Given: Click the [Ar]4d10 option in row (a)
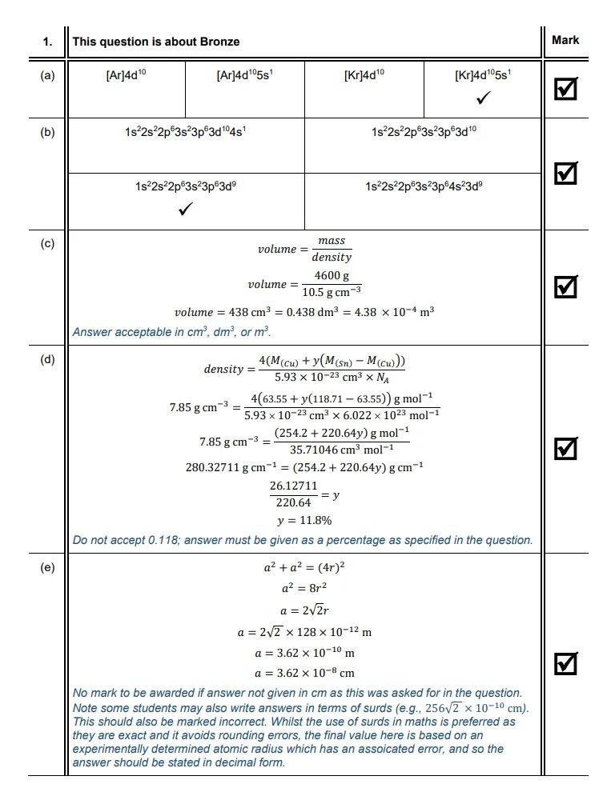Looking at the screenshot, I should coord(127,76).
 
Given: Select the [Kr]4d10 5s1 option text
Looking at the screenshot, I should coord(483,76).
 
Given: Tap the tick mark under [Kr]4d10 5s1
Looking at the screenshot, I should coord(483,98).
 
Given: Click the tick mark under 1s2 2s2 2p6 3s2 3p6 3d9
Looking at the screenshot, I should coord(186,209).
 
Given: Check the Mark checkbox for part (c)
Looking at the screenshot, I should coord(566,286).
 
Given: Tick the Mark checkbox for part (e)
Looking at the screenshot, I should coord(566,663).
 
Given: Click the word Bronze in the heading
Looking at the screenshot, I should coord(222,42).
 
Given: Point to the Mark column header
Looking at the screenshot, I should coord(565,40).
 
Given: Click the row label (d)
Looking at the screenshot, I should coord(48,359).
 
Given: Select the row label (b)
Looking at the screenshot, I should coord(48,132).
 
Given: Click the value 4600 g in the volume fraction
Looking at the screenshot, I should coord(332,276).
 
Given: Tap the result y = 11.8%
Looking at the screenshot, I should coord(304,520).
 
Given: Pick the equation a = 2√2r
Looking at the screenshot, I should coord(304,610).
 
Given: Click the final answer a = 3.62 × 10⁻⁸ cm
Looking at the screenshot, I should coord(304,673).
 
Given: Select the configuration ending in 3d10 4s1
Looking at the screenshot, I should coord(186,131).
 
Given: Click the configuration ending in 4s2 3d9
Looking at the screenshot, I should coord(423,186).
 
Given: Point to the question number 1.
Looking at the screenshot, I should coord(48,42).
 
